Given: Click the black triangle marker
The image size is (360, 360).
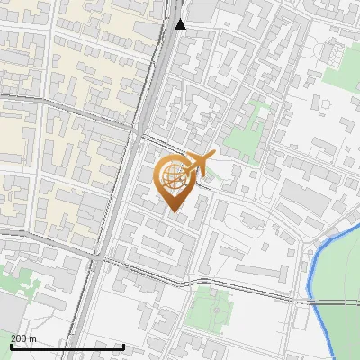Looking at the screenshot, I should [181, 24].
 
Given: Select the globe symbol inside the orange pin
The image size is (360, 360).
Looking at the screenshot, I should [172, 177].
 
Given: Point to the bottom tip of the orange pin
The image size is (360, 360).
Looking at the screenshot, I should [173, 212].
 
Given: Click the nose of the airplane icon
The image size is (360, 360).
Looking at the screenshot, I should [213, 156].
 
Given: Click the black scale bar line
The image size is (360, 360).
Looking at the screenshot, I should [67, 346].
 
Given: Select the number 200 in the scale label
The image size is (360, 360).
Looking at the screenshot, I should [19, 338].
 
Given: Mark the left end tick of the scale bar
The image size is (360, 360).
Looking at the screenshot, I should [11, 346].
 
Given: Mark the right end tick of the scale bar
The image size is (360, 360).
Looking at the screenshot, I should [123, 346].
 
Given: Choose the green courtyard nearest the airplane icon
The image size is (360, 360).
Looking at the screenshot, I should [240, 141].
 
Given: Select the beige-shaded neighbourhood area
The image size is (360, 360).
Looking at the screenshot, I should [90, 54].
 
